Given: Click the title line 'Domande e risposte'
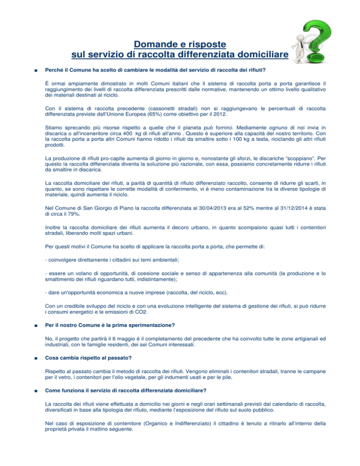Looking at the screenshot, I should (x=180, y=45).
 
